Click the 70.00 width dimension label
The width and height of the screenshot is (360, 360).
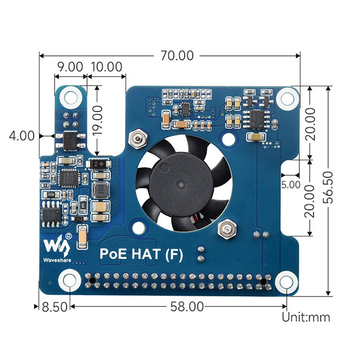click(x=177, y=56)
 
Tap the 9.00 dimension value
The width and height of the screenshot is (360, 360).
click(x=70, y=67)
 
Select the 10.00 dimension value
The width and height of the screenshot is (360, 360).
click(x=108, y=67)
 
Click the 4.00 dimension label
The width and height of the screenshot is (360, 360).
click(x=22, y=136)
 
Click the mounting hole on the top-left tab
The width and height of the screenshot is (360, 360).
click(x=72, y=95)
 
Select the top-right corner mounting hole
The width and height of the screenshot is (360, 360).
click(x=288, y=96)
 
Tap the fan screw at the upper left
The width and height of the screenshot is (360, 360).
click(x=139, y=139)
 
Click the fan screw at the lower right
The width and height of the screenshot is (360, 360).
click(x=226, y=229)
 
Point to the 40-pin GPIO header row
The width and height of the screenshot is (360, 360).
click(x=177, y=280)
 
